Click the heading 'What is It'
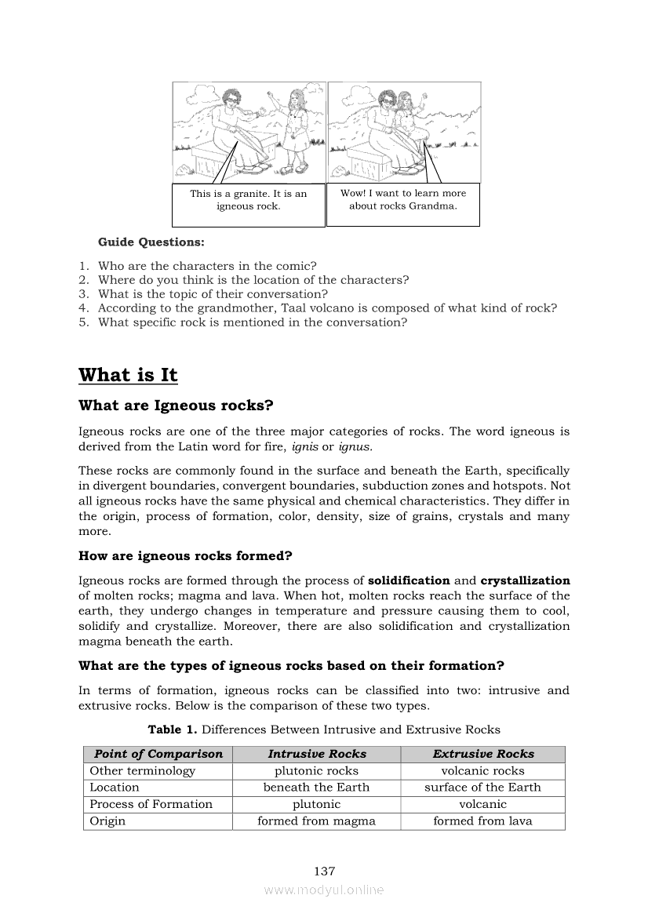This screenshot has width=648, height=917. tap(128, 375)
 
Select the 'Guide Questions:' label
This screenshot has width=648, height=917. tap(151, 242)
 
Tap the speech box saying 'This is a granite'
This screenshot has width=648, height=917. tap(248, 200)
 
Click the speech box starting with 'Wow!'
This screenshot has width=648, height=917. tap(402, 199)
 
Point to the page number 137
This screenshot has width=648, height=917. tap(324, 871)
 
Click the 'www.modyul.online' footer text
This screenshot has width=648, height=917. tap(324, 890)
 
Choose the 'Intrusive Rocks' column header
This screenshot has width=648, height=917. tap(317, 754)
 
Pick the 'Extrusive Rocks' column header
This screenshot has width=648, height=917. tap(482, 754)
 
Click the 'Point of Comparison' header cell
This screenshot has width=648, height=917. tap(158, 754)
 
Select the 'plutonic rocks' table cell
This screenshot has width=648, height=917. tap(316, 771)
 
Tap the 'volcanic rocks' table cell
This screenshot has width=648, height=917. tap(482, 771)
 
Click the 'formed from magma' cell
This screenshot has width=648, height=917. tap(316, 821)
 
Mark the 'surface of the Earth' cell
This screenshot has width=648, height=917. tap(482, 788)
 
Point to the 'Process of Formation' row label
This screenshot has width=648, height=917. tap(151, 804)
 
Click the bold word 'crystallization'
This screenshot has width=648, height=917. tap(525, 581)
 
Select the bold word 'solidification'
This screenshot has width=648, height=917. tap(409, 581)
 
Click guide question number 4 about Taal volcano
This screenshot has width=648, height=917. tap(327, 308)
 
